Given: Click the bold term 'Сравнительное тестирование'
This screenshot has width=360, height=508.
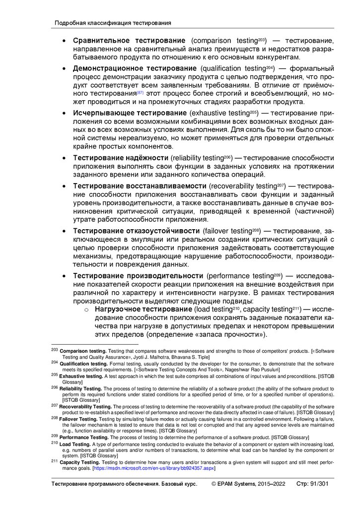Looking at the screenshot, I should click(x=129, y=40).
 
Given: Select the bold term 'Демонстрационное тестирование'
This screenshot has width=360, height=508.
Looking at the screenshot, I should click(x=135, y=68).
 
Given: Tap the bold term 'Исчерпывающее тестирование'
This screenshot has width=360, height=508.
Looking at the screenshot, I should click(x=130, y=113).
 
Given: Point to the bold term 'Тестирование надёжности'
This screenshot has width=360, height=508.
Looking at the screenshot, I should click(x=121, y=158).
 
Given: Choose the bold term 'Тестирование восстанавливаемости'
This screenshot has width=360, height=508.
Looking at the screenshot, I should click(x=140, y=186).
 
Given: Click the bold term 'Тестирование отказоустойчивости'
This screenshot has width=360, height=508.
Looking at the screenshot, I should click(x=137, y=231).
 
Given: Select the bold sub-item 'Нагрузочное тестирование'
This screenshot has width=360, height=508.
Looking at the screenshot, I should click(x=142, y=310).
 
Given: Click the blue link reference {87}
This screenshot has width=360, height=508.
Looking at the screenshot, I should click(x=140, y=93).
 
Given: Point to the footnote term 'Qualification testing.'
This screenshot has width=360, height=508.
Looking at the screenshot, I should click(x=84, y=364).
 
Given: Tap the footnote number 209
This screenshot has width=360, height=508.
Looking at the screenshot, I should click(x=54, y=436).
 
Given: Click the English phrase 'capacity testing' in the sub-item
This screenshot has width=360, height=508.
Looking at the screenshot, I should click(x=268, y=310).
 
